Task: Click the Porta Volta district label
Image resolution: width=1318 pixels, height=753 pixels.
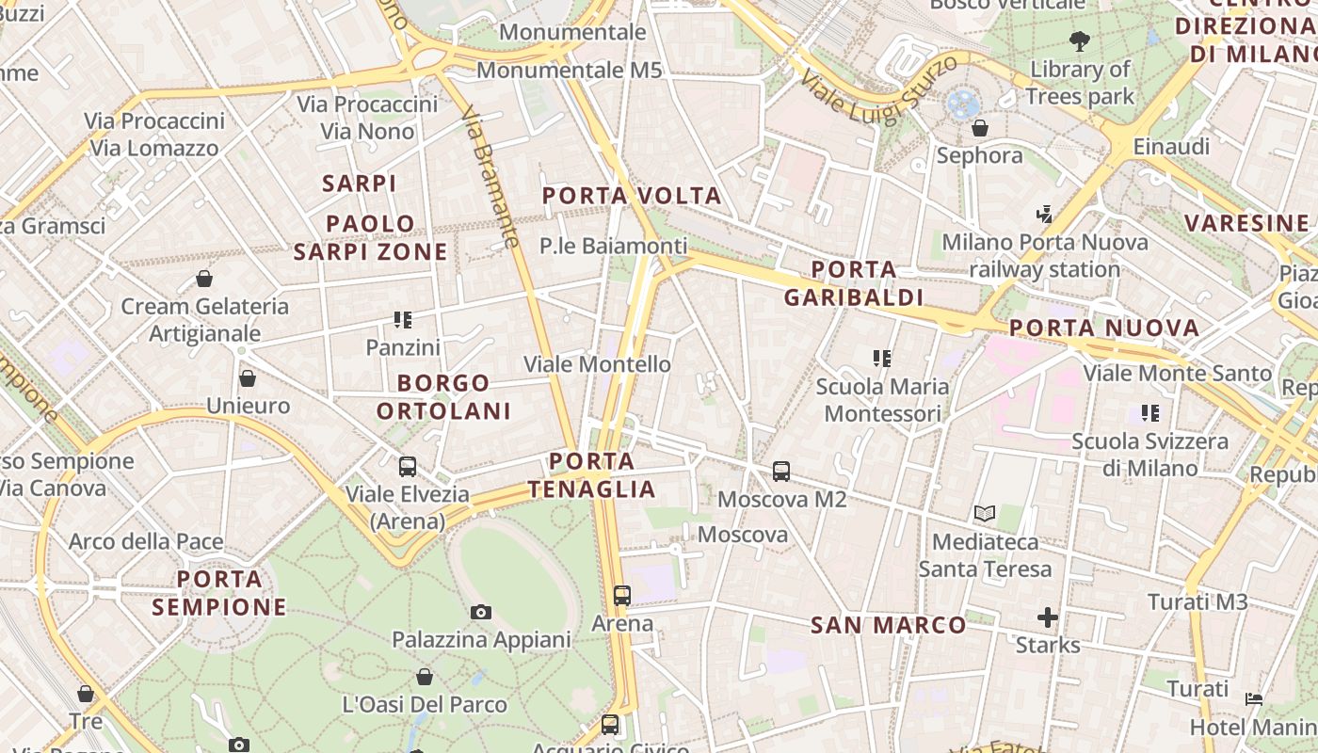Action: tap(632, 196)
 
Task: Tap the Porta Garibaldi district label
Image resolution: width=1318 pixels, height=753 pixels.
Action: tap(853, 283)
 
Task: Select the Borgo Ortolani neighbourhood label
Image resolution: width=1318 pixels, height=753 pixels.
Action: tap(443, 396)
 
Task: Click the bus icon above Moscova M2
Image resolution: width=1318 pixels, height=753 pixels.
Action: tap(781, 471)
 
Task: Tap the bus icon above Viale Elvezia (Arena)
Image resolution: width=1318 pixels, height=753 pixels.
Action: tap(408, 466)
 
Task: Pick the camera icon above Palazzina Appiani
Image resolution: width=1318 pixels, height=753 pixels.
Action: tap(481, 613)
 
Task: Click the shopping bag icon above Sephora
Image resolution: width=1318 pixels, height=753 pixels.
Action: tap(980, 128)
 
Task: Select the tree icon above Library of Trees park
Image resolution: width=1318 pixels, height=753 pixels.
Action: tap(1079, 41)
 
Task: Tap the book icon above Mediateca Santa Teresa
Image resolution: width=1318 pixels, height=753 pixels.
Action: tap(985, 514)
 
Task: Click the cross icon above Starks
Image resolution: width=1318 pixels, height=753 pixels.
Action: tap(1048, 617)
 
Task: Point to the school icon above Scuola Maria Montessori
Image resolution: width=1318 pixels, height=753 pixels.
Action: tap(881, 358)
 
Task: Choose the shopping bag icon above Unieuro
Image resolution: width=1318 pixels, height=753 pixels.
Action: tap(248, 378)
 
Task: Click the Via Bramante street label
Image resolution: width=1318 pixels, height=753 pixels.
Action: tap(490, 176)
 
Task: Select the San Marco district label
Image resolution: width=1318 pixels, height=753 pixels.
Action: tap(888, 625)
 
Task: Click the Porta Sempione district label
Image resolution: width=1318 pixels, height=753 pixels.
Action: tap(219, 593)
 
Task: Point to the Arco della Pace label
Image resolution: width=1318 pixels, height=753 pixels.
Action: tap(146, 541)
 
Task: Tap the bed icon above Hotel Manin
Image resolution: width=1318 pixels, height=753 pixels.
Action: tap(1254, 698)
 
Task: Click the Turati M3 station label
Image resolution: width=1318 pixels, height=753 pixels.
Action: tap(1197, 601)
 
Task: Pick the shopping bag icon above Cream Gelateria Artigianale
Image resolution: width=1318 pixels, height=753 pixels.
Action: tap(204, 279)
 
